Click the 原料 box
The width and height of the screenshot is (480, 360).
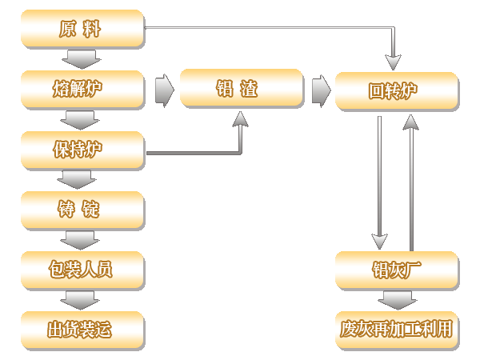pyautogui.click(x=82, y=30)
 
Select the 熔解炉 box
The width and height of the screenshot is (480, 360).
pyautogui.click(x=82, y=89)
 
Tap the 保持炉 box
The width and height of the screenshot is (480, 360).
pyautogui.click(x=82, y=150)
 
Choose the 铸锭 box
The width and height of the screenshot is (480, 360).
pyautogui.click(x=82, y=210)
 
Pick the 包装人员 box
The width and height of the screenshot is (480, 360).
pyautogui.click(x=82, y=270)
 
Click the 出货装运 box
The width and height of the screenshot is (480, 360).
pyautogui.click(x=82, y=330)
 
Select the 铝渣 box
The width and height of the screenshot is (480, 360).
pyautogui.click(x=241, y=89)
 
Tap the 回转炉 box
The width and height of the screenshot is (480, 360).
pyautogui.click(x=397, y=91)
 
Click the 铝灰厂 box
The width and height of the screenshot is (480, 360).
pyautogui.click(x=397, y=270)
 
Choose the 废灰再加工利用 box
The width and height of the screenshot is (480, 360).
pyautogui.click(x=397, y=330)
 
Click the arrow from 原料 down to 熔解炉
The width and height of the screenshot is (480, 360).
pyautogui.click(x=82, y=59)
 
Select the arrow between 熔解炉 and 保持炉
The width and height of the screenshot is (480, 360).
pyautogui.click(x=82, y=119)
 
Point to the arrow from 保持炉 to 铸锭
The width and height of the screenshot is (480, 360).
pyautogui.click(x=82, y=179)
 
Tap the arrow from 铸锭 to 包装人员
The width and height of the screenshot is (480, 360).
pyautogui.click(x=82, y=239)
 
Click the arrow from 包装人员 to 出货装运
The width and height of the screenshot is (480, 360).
pyautogui.click(x=82, y=300)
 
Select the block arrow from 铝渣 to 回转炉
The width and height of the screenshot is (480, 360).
pyautogui.click(x=320, y=89)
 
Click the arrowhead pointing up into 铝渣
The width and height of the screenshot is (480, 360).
pyautogui.click(x=241, y=118)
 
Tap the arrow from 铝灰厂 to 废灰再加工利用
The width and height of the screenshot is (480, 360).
pyautogui.click(x=397, y=300)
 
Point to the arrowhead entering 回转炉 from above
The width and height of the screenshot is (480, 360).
pyautogui.click(x=392, y=62)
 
